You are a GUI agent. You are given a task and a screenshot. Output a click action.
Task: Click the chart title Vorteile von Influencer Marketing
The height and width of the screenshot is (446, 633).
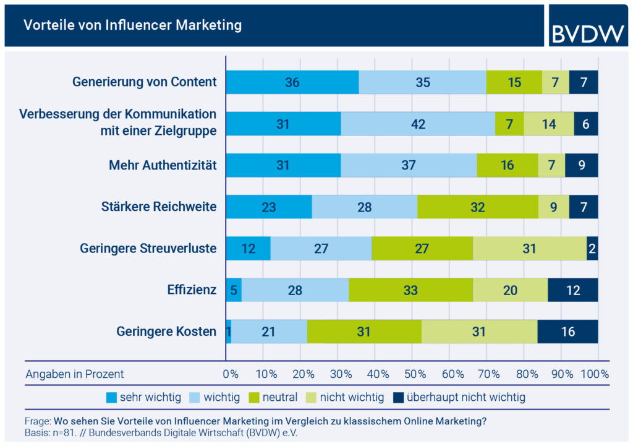[x=132, y=25]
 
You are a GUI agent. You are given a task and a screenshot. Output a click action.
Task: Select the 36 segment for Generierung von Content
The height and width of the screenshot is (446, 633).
[x=292, y=82]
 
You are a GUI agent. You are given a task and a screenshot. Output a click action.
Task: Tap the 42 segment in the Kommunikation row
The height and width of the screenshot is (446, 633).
[x=418, y=124]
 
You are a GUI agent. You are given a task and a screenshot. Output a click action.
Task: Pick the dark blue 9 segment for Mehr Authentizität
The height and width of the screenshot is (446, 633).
[x=581, y=165]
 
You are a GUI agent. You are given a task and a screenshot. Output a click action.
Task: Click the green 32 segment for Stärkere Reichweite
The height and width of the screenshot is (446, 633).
[x=477, y=207]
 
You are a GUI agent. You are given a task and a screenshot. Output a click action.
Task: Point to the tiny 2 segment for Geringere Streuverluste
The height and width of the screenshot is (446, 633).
[x=592, y=248]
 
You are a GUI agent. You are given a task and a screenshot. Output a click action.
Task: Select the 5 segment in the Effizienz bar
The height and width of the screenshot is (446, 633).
[x=234, y=289]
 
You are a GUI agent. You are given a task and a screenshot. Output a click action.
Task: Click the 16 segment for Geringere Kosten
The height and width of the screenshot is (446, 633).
[x=567, y=332]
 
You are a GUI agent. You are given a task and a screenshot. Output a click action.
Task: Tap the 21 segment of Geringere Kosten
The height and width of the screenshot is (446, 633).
[x=269, y=332]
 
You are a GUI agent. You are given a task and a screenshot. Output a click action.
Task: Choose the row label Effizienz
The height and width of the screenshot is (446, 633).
[x=192, y=289]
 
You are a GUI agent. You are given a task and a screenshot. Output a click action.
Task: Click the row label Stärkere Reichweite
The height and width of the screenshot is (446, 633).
[x=159, y=207]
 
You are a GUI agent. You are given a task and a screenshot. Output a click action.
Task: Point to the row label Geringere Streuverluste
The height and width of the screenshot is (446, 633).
[x=148, y=248]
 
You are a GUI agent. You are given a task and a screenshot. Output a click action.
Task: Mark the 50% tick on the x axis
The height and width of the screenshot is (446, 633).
[x=415, y=374]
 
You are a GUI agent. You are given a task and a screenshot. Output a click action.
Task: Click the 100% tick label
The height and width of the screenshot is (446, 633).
[x=595, y=374]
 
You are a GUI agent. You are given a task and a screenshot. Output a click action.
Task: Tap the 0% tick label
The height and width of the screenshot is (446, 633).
[x=230, y=374]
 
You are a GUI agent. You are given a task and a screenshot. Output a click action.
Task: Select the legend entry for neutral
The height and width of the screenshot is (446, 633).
[x=274, y=397]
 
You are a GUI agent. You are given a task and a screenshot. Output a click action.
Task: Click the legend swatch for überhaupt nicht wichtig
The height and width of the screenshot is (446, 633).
[x=399, y=397]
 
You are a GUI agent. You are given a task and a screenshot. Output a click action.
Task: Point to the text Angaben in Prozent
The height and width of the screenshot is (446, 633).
[x=75, y=374]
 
